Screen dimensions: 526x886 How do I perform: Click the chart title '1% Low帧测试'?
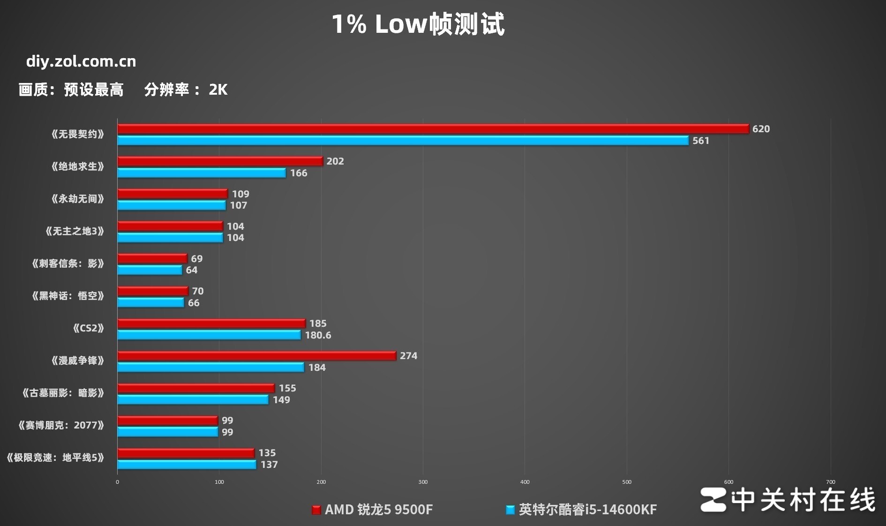click(x=418, y=24)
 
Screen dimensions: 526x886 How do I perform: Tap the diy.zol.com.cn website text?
click(x=81, y=61)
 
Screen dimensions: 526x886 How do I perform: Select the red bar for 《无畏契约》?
click(x=433, y=129)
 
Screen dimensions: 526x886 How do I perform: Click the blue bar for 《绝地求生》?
click(x=202, y=173)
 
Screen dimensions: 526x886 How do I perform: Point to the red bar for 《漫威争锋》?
click(x=256, y=356)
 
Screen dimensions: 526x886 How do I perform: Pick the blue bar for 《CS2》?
click(x=209, y=335)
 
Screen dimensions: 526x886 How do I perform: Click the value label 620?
click(x=761, y=129)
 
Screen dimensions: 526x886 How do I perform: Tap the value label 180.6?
click(x=318, y=335)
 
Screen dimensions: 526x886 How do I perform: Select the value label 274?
click(x=408, y=356)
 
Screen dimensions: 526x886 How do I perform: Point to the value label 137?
click(x=269, y=465)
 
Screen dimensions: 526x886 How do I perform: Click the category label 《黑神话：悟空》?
click(x=68, y=296)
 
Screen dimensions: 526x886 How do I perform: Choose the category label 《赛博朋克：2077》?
click(x=61, y=425)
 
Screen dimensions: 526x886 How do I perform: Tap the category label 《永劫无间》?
click(x=77, y=199)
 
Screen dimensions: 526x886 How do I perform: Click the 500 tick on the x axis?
click(x=627, y=482)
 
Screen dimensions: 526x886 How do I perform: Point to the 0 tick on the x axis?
click(x=117, y=482)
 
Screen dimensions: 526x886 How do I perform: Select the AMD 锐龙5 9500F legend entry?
click(x=373, y=510)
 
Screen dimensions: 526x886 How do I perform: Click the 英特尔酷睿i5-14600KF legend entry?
click(x=582, y=510)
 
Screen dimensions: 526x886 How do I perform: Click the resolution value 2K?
click(x=218, y=90)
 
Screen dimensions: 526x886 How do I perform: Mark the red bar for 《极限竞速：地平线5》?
click(x=186, y=453)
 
